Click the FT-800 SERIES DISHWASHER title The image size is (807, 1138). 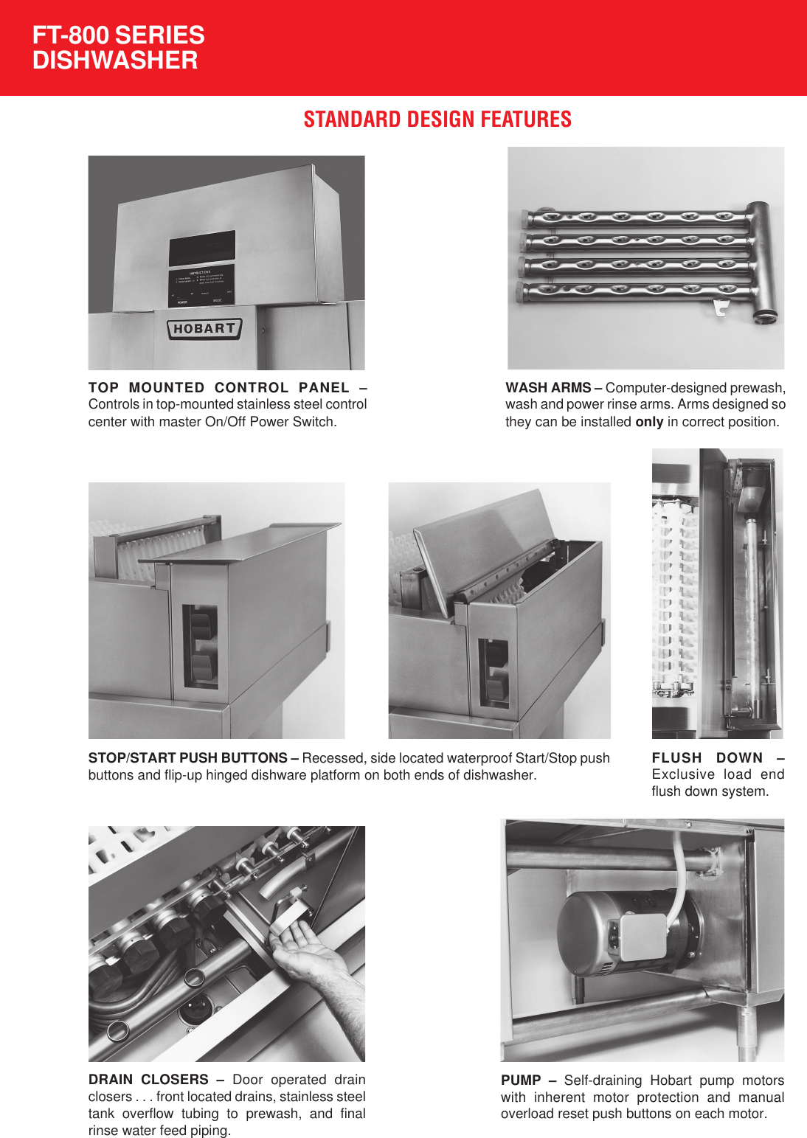coord(118,48)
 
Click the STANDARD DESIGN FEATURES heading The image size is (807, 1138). coord(437,119)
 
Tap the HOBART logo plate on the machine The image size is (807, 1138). coord(204,329)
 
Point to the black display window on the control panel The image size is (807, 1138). coord(202,248)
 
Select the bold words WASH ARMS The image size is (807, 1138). coord(548,388)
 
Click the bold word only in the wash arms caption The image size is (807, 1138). coord(649,422)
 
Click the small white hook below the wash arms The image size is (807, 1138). coord(721,307)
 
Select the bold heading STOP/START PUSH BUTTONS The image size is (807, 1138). coord(187,758)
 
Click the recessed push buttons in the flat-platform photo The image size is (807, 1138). coord(201,645)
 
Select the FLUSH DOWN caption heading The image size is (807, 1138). coord(707,758)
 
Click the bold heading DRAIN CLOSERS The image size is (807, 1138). coord(148,1080)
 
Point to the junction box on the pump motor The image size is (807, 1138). coord(643,937)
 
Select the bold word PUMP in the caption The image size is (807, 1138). coord(521,1080)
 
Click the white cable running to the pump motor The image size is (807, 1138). coord(679,878)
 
